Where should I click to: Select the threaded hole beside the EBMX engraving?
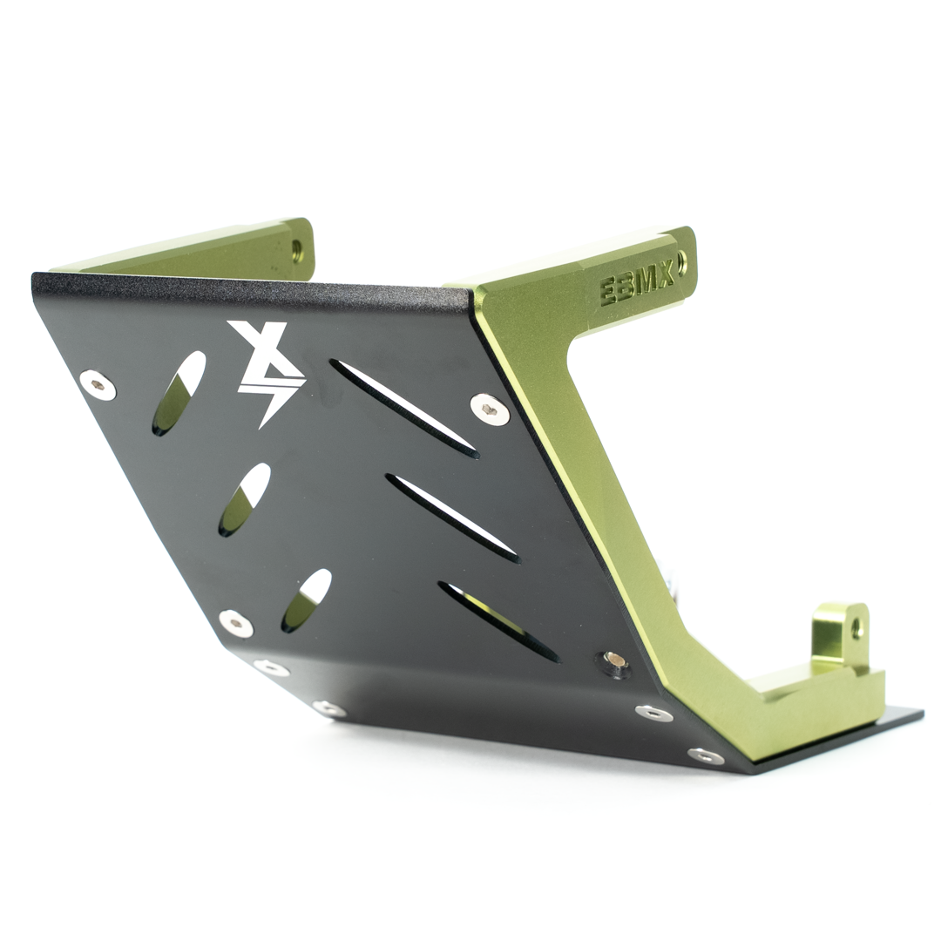(681, 260)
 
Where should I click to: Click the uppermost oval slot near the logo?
(179, 393)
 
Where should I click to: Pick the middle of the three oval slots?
(244, 498)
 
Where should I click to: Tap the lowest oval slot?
(306, 600)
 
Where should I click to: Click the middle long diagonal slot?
(452, 518)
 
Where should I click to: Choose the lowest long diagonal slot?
(498, 621)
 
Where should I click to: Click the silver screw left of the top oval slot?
(97, 384)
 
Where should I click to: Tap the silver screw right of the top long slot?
(490, 408)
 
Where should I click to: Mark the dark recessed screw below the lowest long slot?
(616, 661)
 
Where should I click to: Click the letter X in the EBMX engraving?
(664, 277)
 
